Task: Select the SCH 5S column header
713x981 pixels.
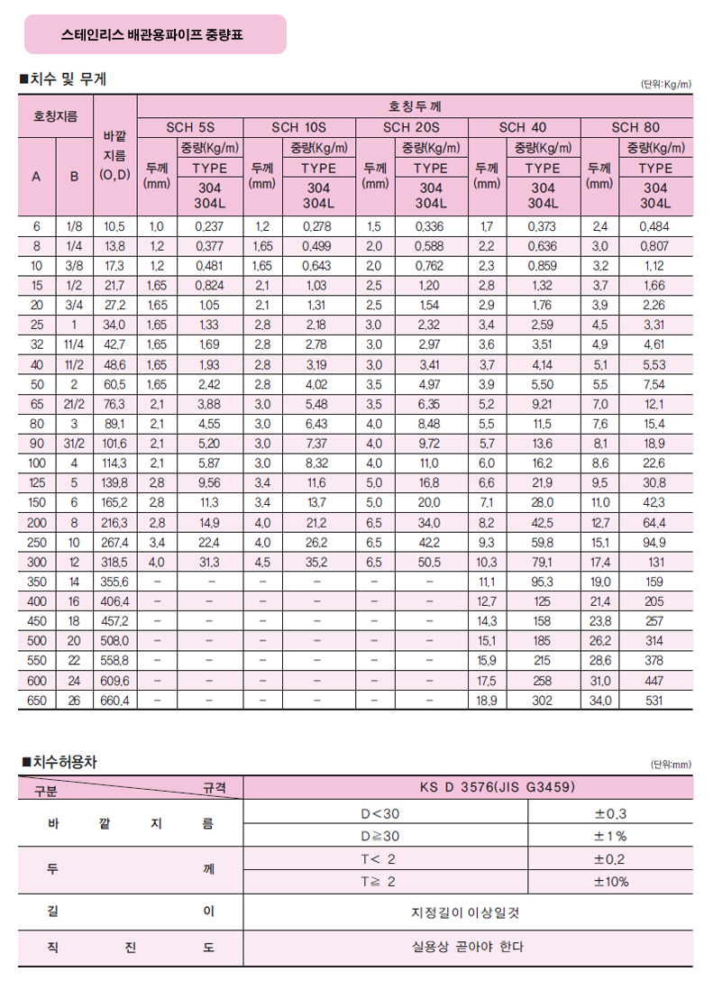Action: tap(190, 127)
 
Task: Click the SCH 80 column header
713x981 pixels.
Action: tap(635, 127)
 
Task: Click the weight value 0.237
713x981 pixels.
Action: tap(208, 226)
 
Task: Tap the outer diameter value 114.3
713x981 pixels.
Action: tap(114, 463)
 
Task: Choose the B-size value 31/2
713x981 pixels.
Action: tap(74, 443)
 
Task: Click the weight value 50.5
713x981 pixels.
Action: tap(430, 561)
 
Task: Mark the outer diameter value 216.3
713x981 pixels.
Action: tap(114, 522)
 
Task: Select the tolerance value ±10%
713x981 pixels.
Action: tap(610, 881)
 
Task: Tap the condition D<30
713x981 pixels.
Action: tap(386, 813)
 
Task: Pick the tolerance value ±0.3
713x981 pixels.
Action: tap(610, 813)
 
